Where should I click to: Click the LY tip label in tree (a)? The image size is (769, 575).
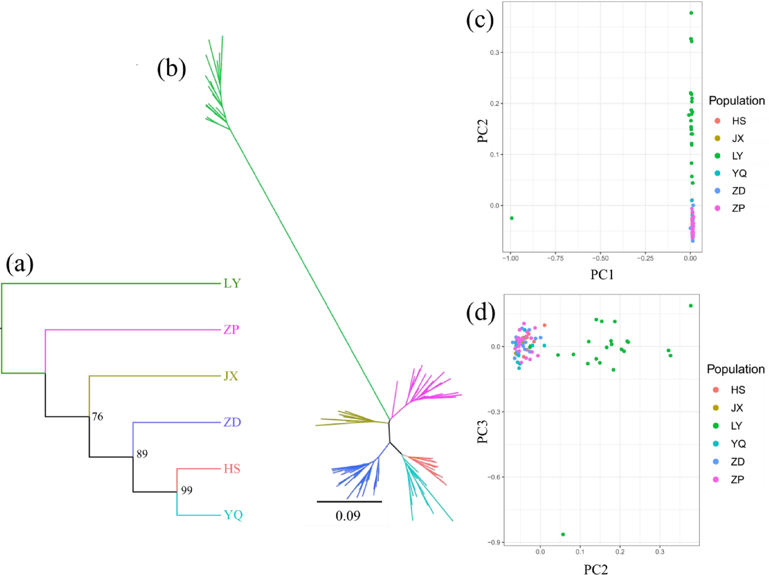(x=232, y=284)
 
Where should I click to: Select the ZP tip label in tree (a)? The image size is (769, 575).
(x=231, y=330)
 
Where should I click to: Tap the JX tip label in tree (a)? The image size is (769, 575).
(x=231, y=376)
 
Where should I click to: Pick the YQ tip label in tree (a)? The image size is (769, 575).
(x=233, y=515)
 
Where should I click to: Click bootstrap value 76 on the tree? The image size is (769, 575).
(x=97, y=417)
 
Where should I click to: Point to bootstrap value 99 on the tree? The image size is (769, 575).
(x=186, y=491)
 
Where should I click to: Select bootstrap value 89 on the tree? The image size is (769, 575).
(x=142, y=454)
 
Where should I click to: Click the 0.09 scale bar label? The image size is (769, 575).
(x=348, y=516)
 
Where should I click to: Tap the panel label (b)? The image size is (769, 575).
(x=171, y=69)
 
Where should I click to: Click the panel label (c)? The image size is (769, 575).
(x=480, y=20)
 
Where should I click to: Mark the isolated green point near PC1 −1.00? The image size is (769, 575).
(x=511, y=218)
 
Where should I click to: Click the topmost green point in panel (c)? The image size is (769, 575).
(x=691, y=13)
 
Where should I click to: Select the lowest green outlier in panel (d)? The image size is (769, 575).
(x=563, y=534)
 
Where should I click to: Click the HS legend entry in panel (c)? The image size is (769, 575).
(x=738, y=121)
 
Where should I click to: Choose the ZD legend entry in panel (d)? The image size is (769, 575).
(x=737, y=462)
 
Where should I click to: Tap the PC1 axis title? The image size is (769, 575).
(x=602, y=275)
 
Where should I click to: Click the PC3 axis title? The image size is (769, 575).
(x=483, y=431)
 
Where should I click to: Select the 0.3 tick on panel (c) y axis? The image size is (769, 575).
(x=494, y=53)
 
